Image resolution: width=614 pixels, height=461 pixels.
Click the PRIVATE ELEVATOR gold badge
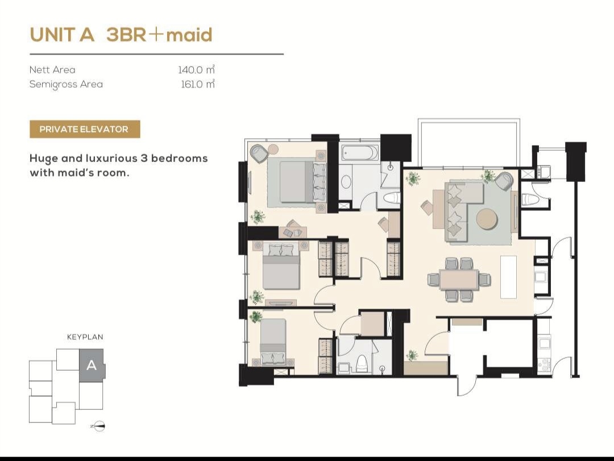pyautogui.click(x=85, y=129)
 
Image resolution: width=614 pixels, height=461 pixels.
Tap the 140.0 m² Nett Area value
pyautogui.click(x=197, y=70)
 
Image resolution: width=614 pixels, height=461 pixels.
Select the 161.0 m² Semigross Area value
pyautogui.click(x=198, y=84)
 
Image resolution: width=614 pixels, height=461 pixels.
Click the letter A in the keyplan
pyautogui.click(x=91, y=366)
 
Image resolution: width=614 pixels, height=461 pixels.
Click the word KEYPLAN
pyautogui.click(x=85, y=337)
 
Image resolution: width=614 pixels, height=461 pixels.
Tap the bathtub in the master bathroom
pyautogui.click(x=360, y=153)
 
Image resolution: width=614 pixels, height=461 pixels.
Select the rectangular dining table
pyautogui.click(x=459, y=279)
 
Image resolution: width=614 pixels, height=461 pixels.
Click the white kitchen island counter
pyautogui.click(x=508, y=277)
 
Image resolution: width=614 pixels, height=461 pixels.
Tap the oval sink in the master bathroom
pyautogui.click(x=346, y=182)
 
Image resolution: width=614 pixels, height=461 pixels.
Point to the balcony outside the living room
pyautogui.click(x=469, y=142)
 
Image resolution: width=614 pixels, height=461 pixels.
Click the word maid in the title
pyautogui.click(x=189, y=35)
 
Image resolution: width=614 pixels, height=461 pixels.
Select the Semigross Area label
pyautogui.click(x=66, y=85)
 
